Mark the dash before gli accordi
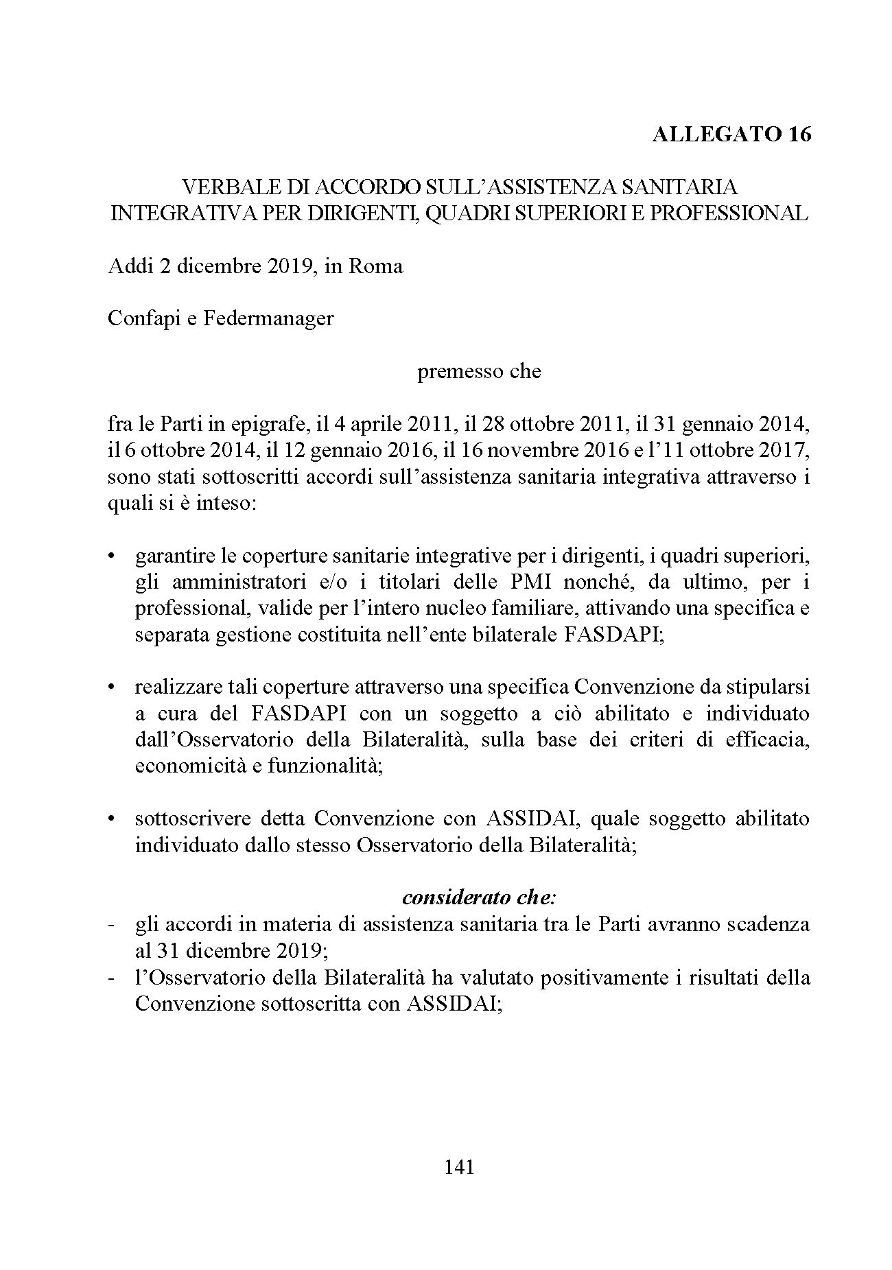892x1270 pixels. [111, 924]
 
